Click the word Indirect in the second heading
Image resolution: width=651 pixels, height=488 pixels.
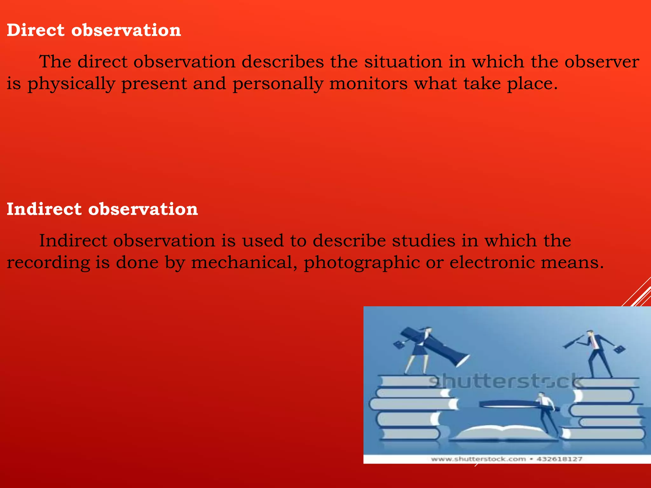pos(44,209)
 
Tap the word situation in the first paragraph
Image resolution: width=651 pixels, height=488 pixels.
pos(403,62)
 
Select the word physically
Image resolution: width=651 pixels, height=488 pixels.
pos(71,84)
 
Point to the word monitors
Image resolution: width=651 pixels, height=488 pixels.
pos(368,84)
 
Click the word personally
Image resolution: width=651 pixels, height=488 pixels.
pos(278,84)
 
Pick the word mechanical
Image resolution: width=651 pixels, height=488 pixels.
pos(244,263)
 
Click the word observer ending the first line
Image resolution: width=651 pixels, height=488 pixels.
pos(602,62)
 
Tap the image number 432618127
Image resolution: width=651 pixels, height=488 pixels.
pos(559,459)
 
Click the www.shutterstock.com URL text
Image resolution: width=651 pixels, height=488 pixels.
pos(478,459)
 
